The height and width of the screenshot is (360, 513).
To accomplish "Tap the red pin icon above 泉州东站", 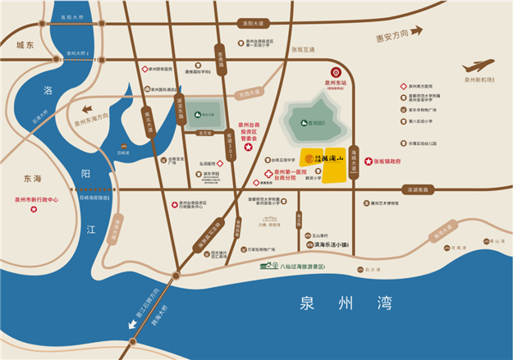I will pos(335,73).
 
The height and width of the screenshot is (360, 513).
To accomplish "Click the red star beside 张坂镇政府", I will pos(369,162).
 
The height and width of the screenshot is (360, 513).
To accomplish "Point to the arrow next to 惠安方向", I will pos(417,31).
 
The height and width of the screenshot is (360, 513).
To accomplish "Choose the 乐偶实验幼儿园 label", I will pos(428,143).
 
